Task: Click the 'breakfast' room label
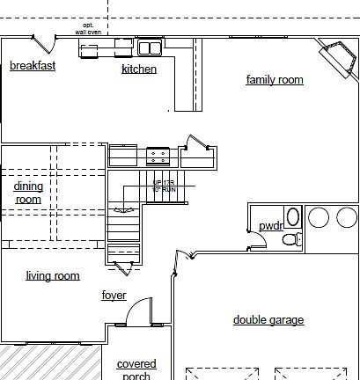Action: point(33,66)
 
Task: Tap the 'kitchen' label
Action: point(139,69)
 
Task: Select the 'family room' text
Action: point(274,80)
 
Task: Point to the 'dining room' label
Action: point(28,193)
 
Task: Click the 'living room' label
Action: point(53,276)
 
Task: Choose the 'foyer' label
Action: point(114,296)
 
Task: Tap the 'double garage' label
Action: point(268,320)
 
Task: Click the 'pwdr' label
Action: point(271,226)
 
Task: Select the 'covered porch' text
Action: point(136,369)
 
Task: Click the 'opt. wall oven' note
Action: point(88,28)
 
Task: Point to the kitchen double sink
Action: point(149,47)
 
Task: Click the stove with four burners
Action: point(158,157)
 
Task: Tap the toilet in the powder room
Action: point(295,238)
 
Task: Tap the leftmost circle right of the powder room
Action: point(319,217)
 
